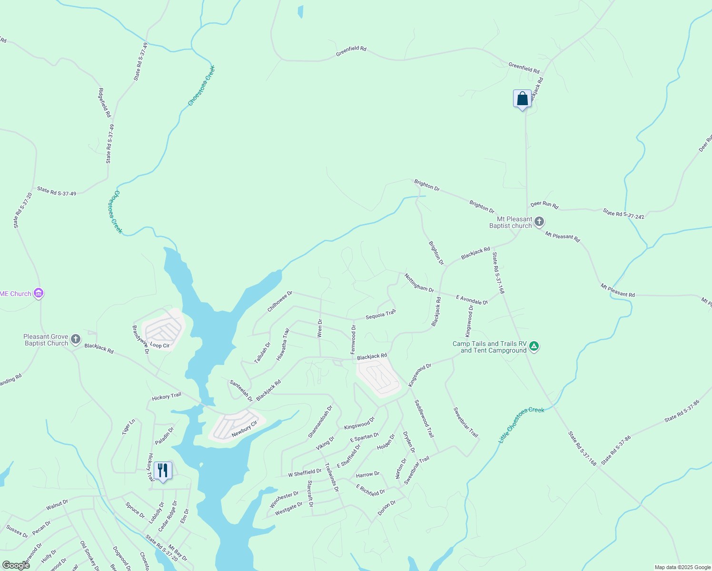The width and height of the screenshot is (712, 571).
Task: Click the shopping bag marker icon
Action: (522, 99)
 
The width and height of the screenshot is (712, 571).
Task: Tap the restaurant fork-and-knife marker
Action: (163, 471)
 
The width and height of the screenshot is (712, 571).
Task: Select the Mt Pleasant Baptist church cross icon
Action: (539, 221)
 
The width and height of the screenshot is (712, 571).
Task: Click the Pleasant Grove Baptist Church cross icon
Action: (75, 339)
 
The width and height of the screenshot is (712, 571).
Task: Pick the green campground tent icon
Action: (534, 346)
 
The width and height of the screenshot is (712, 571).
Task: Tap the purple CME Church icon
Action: (39, 294)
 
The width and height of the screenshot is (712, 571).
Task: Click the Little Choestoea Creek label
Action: (521, 425)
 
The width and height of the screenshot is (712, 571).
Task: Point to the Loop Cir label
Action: (159, 345)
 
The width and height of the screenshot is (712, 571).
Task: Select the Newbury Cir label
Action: (244, 429)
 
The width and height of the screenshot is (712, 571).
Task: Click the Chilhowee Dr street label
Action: (279, 302)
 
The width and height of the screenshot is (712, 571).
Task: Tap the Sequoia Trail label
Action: (380, 315)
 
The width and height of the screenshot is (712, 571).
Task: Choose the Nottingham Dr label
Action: (419, 283)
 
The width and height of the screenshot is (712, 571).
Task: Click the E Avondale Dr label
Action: (472, 300)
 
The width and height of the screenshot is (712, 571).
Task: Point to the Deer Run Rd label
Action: (544, 205)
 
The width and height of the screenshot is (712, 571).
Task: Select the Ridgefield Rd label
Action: (105, 103)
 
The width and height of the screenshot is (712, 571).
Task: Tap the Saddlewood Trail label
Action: (424, 419)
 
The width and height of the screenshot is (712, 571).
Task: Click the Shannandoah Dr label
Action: (320, 422)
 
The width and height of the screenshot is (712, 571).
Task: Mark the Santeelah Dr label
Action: (241, 391)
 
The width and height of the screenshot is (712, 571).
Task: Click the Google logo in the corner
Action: (16, 565)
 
